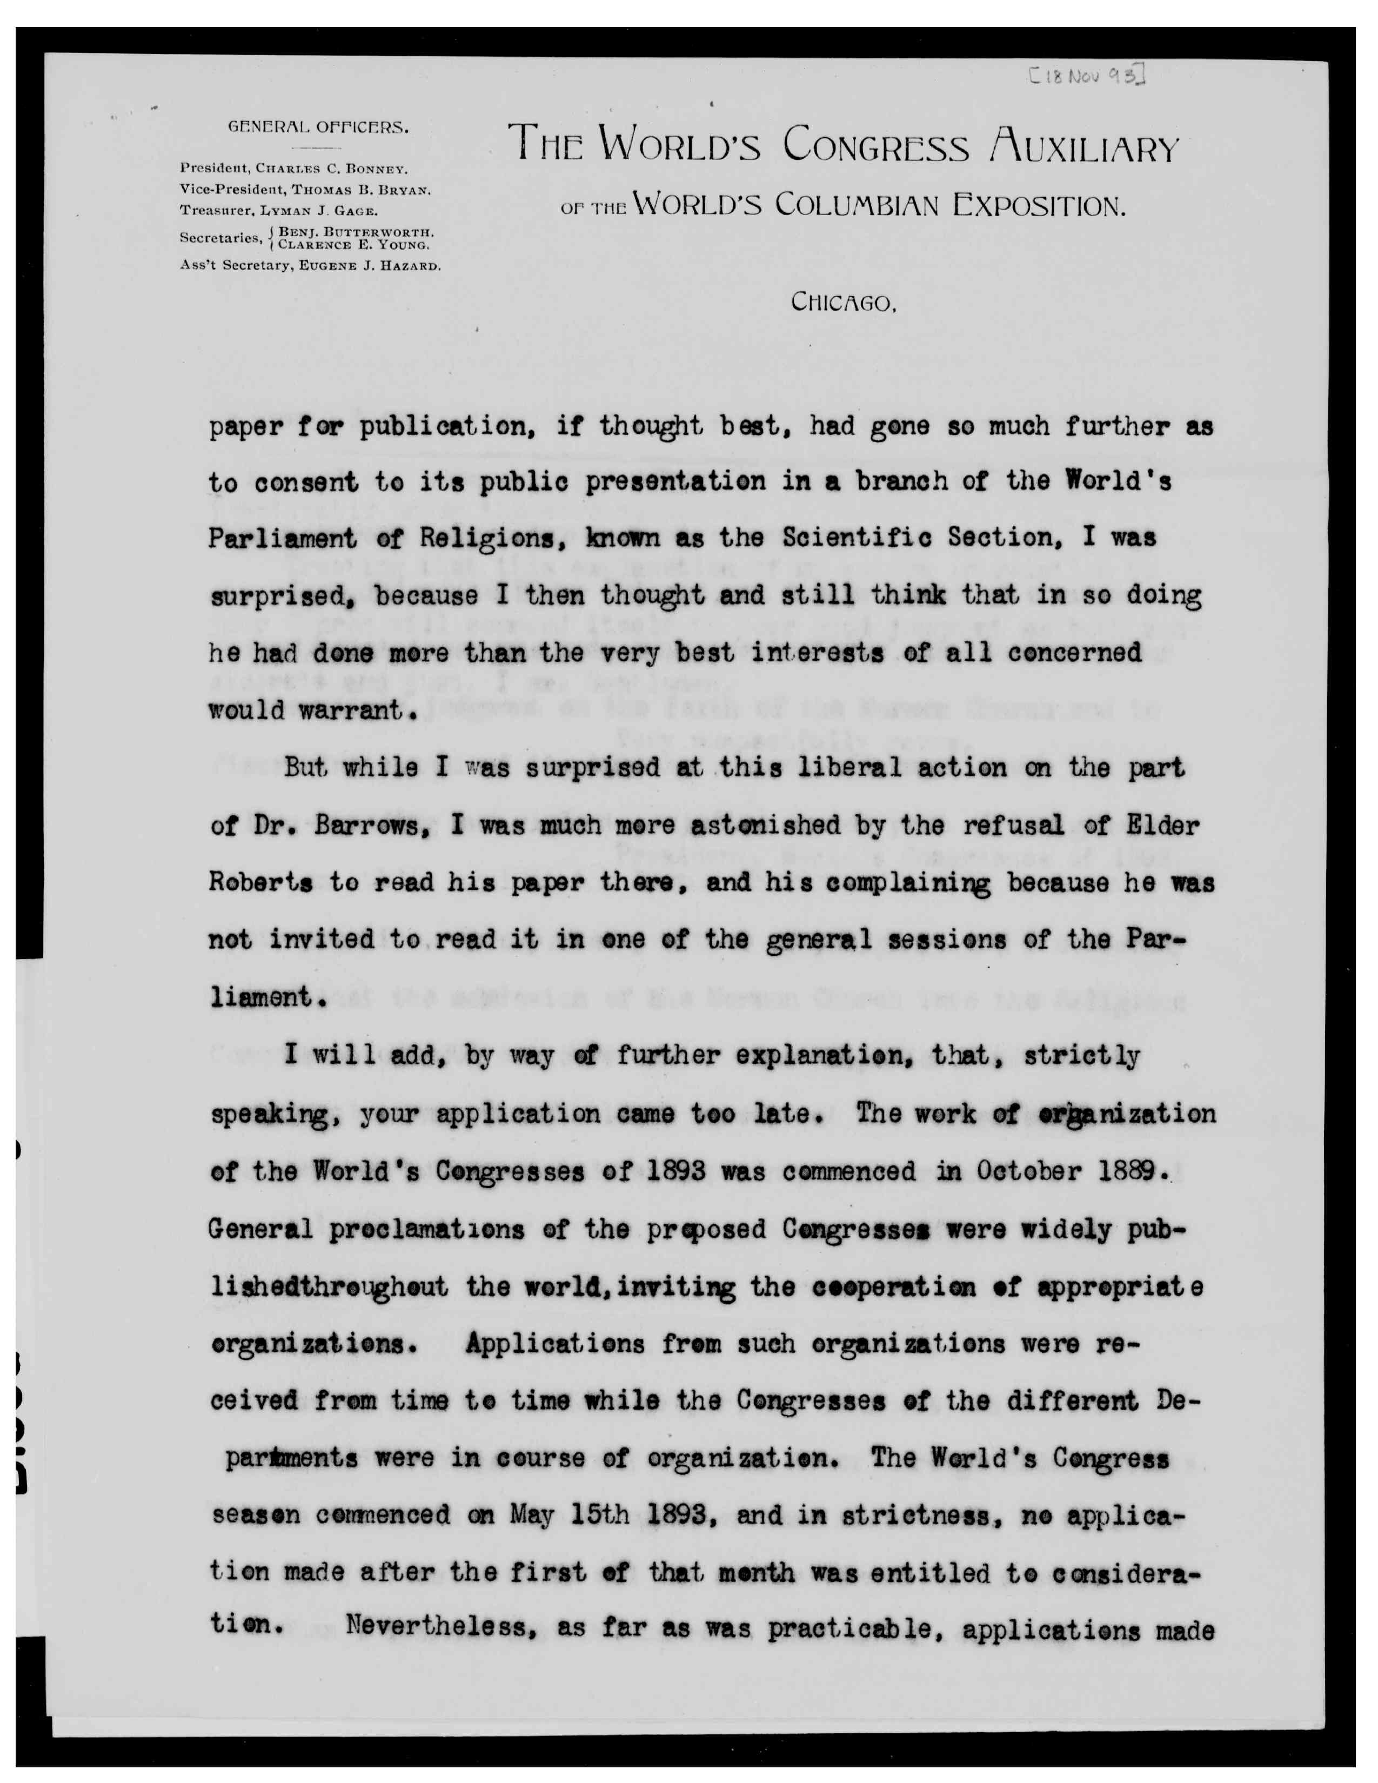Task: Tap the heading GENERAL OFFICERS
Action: [x=318, y=128]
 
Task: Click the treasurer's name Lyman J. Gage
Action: [x=324, y=210]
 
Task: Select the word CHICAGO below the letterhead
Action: [x=844, y=303]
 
